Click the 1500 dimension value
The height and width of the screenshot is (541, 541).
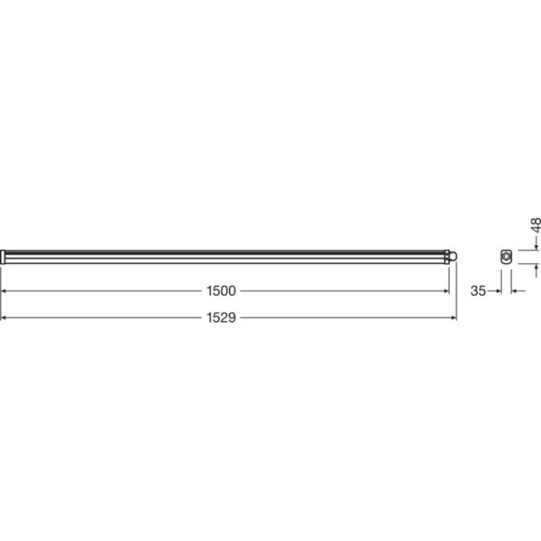pyautogui.click(x=222, y=290)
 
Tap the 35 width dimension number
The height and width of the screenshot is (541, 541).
pyautogui.click(x=478, y=290)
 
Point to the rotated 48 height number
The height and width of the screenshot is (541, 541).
pyautogui.click(x=534, y=225)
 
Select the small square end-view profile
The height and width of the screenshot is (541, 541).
pyautogui.click(x=506, y=256)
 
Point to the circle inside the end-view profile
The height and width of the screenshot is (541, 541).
pyautogui.click(x=507, y=257)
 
